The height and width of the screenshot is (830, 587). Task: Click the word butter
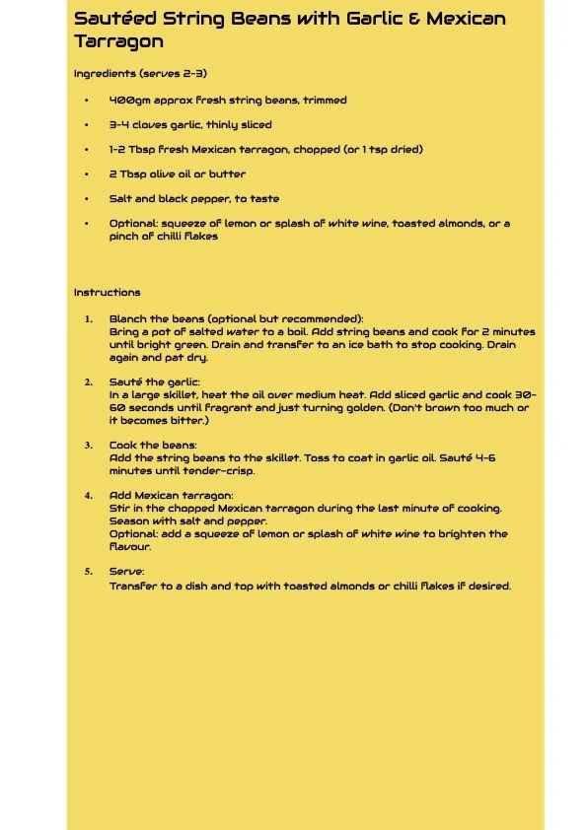(x=226, y=174)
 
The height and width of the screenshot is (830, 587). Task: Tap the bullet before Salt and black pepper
(x=87, y=199)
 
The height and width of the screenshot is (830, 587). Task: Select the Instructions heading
(x=107, y=293)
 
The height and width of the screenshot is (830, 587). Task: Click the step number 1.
(x=88, y=319)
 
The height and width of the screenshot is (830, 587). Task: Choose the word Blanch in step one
(x=126, y=319)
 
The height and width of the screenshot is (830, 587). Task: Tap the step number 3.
(x=88, y=446)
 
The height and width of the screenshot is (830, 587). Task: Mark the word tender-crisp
(x=221, y=471)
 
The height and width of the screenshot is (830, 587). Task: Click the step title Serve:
(x=127, y=572)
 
